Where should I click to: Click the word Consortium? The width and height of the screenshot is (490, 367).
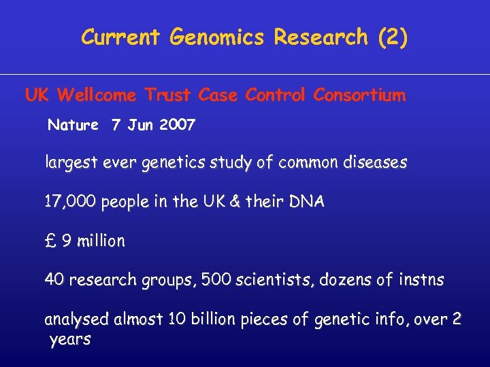point(359,95)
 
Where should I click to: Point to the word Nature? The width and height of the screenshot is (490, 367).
point(72,125)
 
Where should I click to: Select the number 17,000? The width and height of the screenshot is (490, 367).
point(70,203)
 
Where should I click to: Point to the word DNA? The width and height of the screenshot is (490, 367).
point(308,202)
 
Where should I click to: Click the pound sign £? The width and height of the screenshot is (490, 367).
point(50,241)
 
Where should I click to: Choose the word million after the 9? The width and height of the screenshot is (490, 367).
point(101,241)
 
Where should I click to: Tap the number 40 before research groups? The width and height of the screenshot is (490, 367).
point(54,279)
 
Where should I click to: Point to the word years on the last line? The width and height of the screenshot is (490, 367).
point(70,339)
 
